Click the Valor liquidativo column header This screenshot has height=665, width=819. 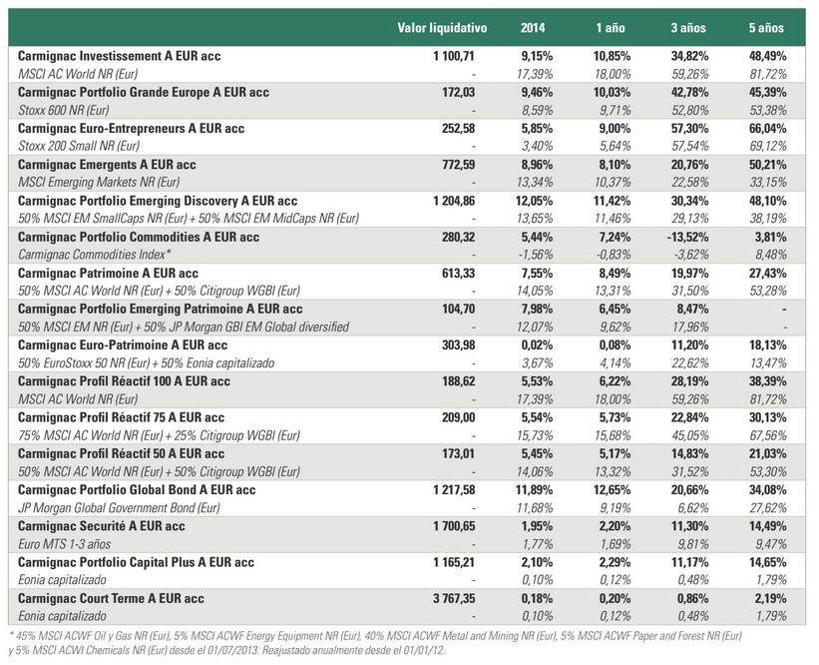pos(442,28)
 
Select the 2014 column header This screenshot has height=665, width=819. pos(533,28)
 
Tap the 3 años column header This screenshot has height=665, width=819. pos(688,28)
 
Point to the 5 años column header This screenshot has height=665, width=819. pos(766,28)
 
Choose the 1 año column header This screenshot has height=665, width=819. pos(611,28)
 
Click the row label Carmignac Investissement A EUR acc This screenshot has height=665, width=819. pos(119,56)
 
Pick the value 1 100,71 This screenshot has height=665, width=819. pos(454,56)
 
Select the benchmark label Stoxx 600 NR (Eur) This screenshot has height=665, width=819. pos(64,110)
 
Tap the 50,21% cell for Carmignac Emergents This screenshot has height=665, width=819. pos(767,165)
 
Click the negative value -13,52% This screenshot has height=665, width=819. pos(687,237)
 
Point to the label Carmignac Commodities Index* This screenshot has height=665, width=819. pos(95,255)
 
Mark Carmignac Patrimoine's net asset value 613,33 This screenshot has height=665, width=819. pos(458,273)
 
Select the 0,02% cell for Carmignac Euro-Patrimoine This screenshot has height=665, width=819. pos(537,345)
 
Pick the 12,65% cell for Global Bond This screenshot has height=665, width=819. pos(612,490)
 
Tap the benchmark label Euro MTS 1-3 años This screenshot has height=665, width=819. pos(64,544)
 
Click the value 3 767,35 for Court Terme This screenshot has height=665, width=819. pos(454,598)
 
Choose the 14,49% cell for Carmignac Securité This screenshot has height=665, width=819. pos(767,526)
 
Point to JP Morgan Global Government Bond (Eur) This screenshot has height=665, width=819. pos(119,507)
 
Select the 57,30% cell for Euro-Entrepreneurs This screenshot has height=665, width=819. pos(689,128)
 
